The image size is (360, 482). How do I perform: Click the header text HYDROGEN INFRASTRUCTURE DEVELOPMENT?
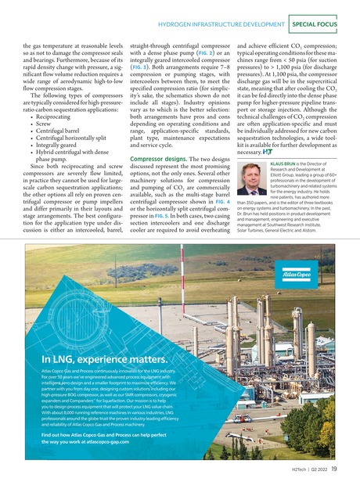point(222,25)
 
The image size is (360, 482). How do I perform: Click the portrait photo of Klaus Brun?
point(250,178)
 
